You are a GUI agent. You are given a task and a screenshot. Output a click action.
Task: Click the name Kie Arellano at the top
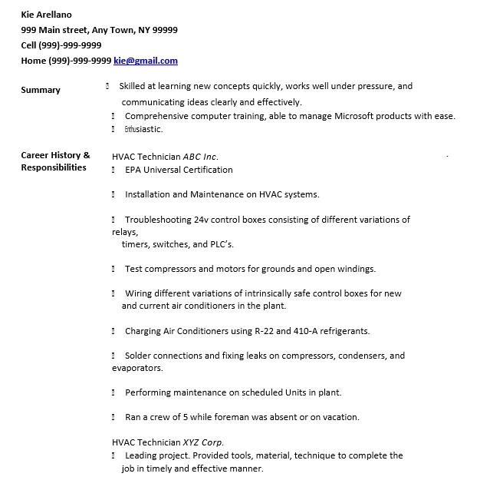click(x=46, y=15)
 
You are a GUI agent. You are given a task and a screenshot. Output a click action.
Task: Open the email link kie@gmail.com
click(x=146, y=61)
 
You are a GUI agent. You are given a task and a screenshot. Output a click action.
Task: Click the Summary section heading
click(x=41, y=90)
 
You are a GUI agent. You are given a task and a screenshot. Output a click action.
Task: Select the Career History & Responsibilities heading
click(x=55, y=161)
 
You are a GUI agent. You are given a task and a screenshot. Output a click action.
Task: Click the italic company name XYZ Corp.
click(x=203, y=442)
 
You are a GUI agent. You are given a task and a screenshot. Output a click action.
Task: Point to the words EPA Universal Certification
click(x=179, y=170)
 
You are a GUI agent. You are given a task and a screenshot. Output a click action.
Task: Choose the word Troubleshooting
click(x=158, y=220)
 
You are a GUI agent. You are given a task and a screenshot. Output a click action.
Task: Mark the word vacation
click(x=339, y=417)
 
